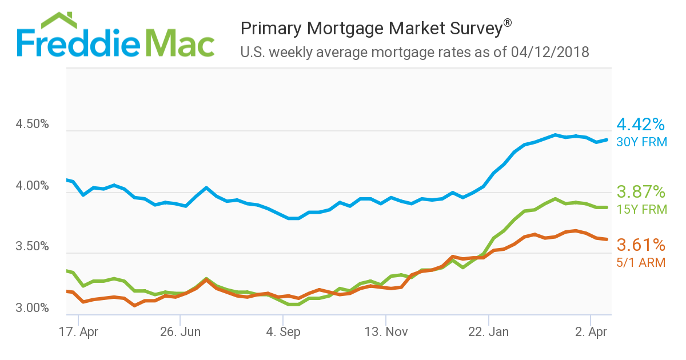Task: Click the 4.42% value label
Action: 641,125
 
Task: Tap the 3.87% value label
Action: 641,191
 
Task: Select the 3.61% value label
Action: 641,246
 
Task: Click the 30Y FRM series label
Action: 641,142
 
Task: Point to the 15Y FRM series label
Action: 641,210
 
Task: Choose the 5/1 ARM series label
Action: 641,263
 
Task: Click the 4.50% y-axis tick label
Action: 33,125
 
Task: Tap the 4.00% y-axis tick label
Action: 33,186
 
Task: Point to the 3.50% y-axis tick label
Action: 33,247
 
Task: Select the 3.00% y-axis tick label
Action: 33,309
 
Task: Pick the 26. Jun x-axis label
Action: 180,331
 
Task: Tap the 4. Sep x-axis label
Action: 283,331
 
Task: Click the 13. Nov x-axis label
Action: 386,331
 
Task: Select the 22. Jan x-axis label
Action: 489,331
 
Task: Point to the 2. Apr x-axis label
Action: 591,331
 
